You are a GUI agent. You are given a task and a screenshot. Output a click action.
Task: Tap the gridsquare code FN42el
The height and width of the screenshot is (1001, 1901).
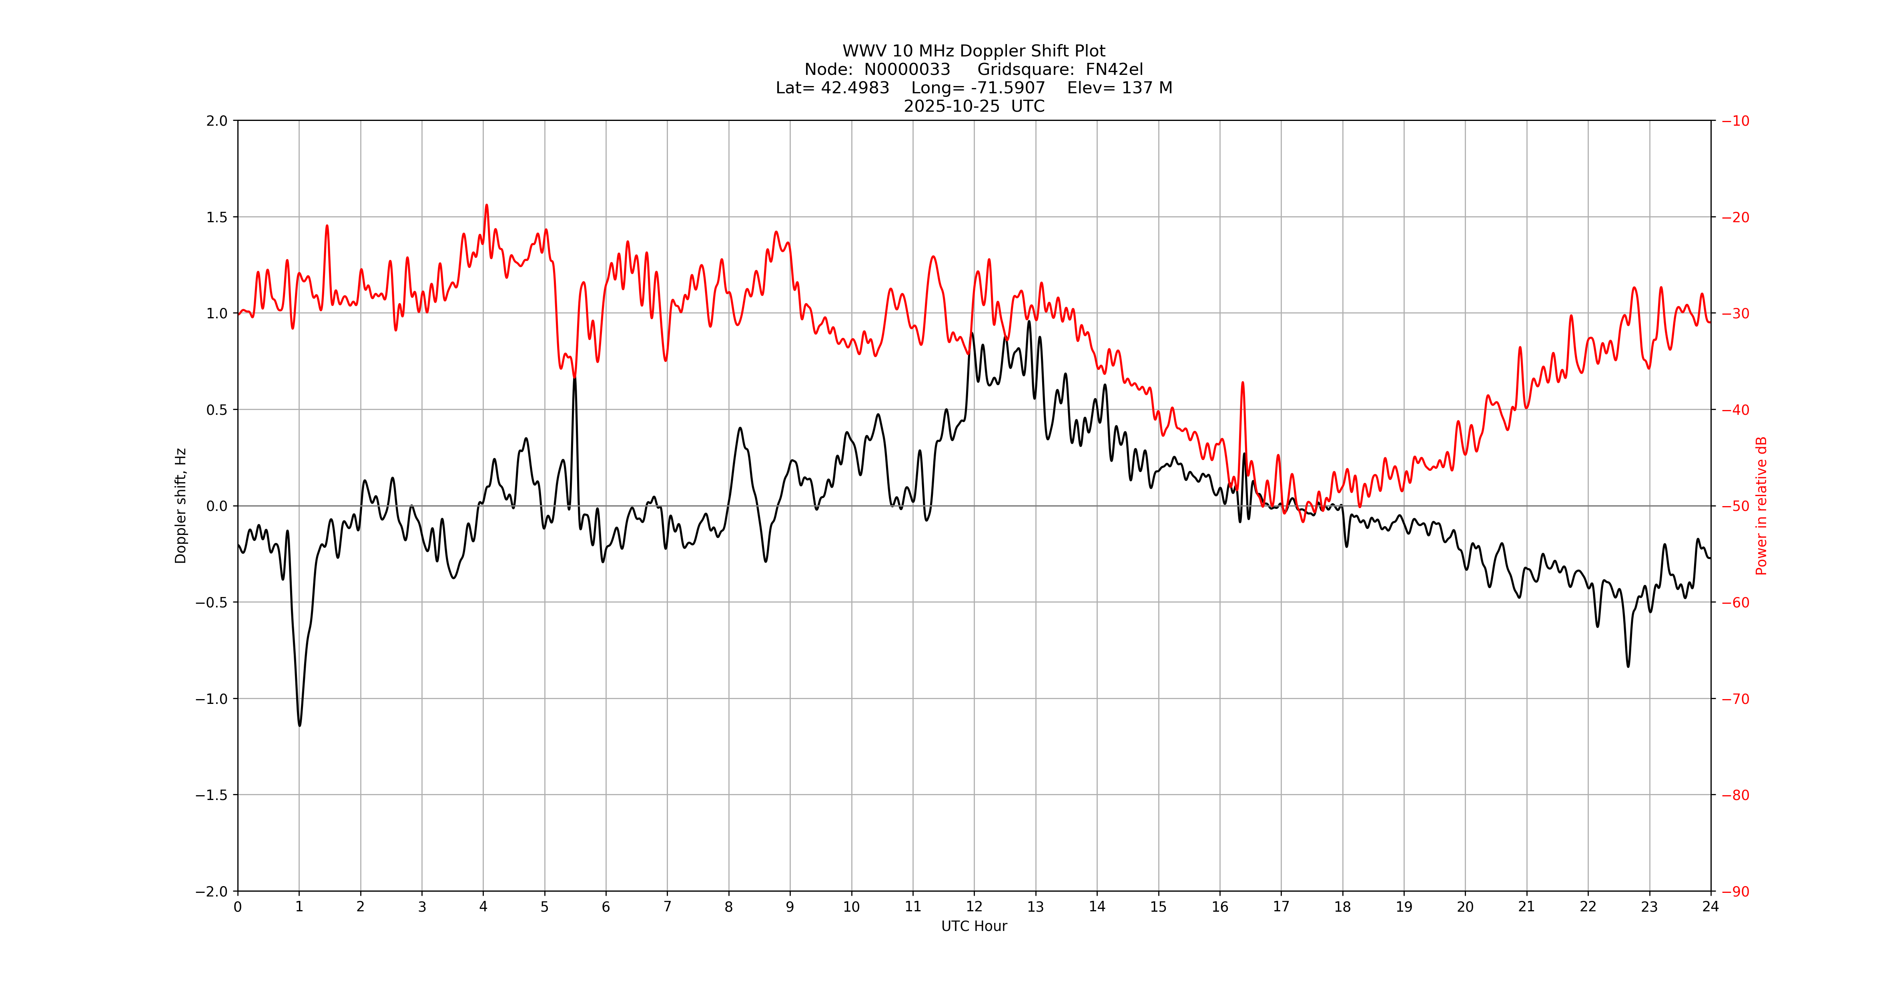[x=1114, y=69]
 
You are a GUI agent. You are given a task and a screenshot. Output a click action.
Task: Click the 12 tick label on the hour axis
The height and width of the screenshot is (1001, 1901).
[x=974, y=907]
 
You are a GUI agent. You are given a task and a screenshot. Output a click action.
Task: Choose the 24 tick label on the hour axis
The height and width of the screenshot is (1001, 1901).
[x=1710, y=907]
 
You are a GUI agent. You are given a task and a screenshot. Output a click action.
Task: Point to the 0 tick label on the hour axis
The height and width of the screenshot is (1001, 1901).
[x=238, y=907]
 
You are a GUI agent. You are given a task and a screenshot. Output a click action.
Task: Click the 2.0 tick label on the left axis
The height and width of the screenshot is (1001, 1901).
[x=217, y=121]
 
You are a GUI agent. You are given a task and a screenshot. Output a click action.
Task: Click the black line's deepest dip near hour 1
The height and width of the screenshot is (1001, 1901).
[x=300, y=725]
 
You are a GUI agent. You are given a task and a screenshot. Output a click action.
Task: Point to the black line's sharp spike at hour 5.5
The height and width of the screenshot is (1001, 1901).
[x=575, y=378]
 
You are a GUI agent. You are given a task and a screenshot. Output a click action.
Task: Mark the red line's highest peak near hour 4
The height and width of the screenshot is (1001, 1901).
[x=486, y=205]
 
